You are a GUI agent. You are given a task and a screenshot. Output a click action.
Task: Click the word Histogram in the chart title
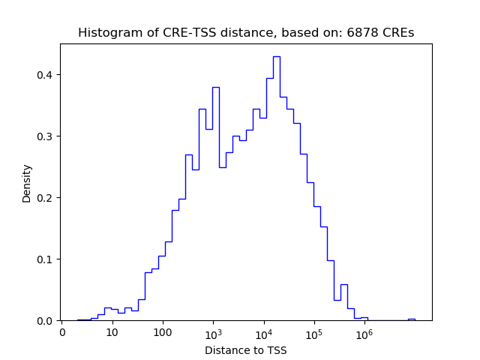[x=106, y=33]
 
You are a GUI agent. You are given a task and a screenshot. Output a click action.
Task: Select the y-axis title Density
[x=27, y=183]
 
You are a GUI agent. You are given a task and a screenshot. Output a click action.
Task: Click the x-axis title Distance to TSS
[x=246, y=350]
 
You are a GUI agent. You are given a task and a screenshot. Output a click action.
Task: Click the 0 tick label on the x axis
[x=61, y=332]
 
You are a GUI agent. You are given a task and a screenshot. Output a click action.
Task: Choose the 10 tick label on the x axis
[x=112, y=332]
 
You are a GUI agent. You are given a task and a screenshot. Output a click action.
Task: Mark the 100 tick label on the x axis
[x=163, y=332]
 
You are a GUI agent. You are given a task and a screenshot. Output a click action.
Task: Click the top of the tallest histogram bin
[x=276, y=56]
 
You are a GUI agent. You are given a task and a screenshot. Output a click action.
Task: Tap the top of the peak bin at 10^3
[x=215, y=87]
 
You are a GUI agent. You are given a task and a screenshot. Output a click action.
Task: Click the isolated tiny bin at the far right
[x=411, y=319]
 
